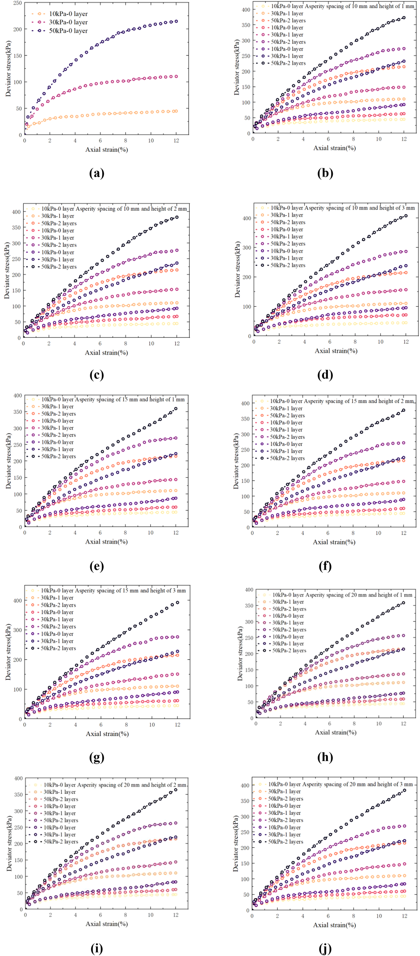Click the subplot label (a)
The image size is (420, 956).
(x=96, y=173)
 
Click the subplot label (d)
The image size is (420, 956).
(x=325, y=375)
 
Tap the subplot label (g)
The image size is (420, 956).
(x=96, y=757)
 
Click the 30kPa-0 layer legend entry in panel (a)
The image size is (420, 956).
(x=68, y=22)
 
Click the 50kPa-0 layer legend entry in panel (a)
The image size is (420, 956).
(x=68, y=31)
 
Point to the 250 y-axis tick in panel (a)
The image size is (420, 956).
(x=17, y=3)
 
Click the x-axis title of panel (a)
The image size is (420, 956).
(x=106, y=150)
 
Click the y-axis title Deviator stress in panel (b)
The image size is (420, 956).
(x=237, y=67)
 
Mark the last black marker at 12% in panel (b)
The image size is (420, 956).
(x=404, y=18)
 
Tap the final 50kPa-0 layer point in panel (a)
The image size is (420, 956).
(x=176, y=21)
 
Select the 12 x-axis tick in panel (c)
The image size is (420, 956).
(x=176, y=343)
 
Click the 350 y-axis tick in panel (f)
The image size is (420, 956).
(x=244, y=419)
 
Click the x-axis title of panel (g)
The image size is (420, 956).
(x=107, y=734)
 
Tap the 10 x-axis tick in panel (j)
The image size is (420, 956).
(x=379, y=916)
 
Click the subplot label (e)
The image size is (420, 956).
(x=96, y=566)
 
